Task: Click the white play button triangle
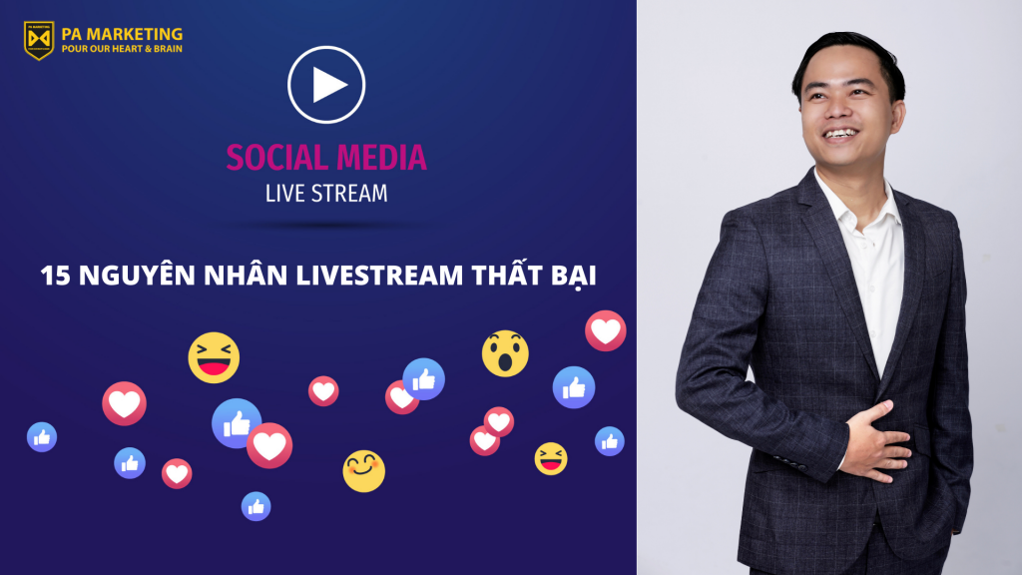(x=328, y=85)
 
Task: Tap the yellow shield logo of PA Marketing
(x=39, y=40)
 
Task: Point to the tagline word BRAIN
(x=168, y=49)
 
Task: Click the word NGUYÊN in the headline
(x=137, y=275)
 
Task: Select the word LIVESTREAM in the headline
(x=379, y=276)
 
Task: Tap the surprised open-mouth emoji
(x=505, y=353)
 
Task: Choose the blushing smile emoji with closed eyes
(x=363, y=471)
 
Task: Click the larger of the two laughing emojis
(x=214, y=357)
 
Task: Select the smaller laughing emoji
(x=551, y=458)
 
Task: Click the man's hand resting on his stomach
(x=878, y=441)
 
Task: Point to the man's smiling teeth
(x=839, y=134)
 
